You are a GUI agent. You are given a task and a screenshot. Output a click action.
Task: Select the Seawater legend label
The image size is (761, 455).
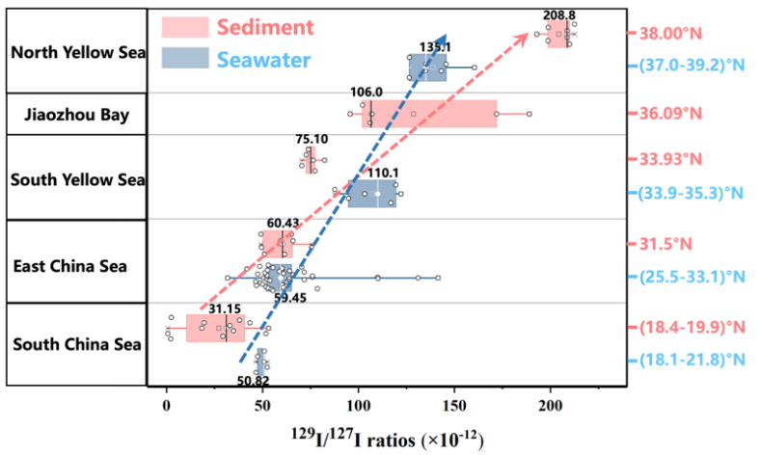pyautogui.click(x=263, y=61)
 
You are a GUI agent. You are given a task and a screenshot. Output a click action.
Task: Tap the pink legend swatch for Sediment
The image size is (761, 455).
pyautogui.click(x=185, y=26)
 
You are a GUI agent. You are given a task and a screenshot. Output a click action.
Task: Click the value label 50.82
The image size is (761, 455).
pyautogui.click(x=256, y=381)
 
